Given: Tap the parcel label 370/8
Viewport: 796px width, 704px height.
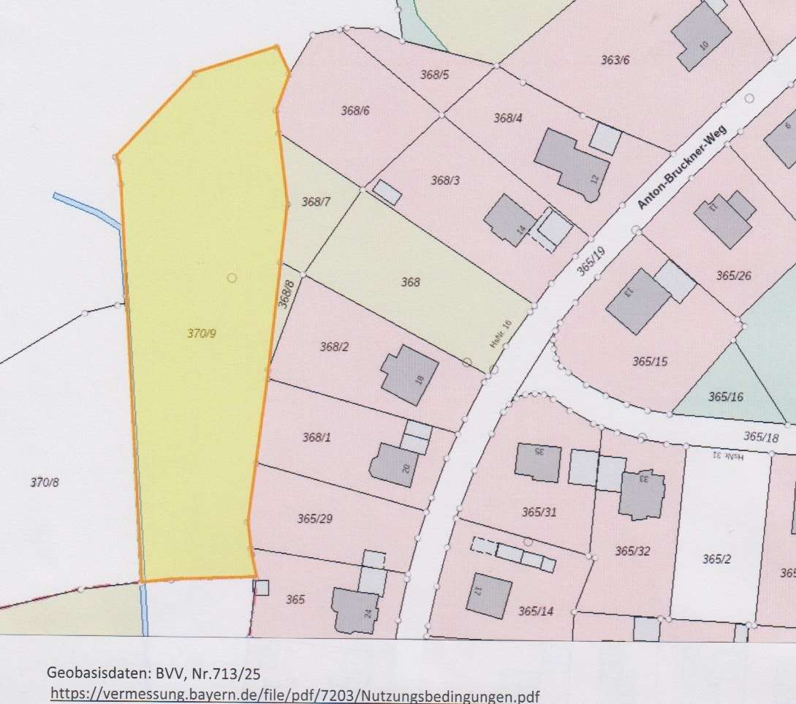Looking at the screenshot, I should [x=44, y=482].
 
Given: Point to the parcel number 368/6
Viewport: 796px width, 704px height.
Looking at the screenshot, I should [x=355, y=110].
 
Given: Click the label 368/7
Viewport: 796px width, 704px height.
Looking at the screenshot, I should [x=316, y=202].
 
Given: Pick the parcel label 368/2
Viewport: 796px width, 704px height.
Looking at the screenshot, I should [x=334, y=347].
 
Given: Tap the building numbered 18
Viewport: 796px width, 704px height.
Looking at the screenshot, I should [x=409, y=374].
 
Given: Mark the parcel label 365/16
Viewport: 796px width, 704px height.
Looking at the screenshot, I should [x=725, y=396].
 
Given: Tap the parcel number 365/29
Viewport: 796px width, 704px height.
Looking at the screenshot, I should [x=315, y=518].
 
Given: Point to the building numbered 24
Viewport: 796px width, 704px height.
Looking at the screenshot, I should [x=357, y=609].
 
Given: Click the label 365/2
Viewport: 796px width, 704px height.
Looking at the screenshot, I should [x=717, y=559].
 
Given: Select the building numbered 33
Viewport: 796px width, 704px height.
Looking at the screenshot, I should [x=641, y=493].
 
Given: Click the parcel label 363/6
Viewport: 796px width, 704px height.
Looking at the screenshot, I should [x=615, y=60].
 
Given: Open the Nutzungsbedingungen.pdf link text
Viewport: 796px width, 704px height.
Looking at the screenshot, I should [x=296, y=695].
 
